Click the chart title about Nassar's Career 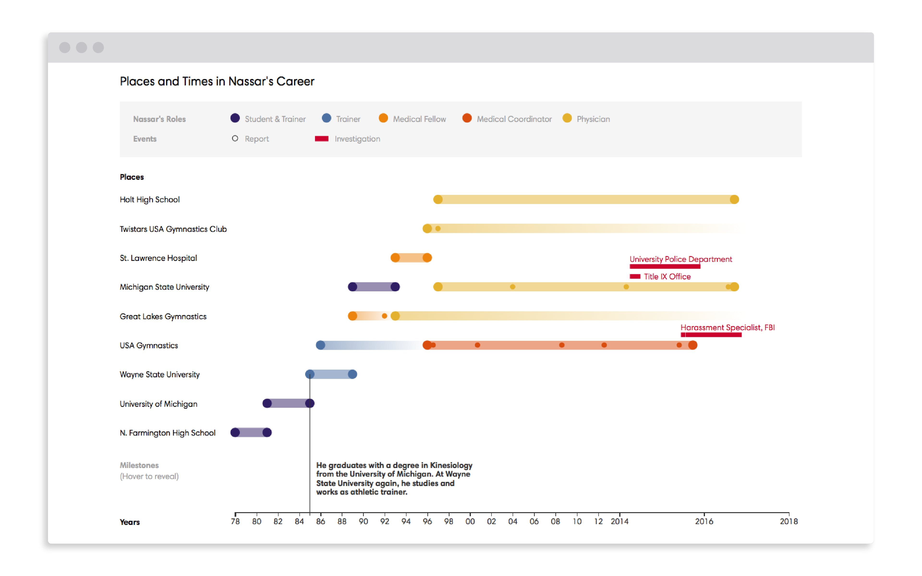coord(217,82)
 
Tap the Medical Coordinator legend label coord(514,119)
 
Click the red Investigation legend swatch coord(321,139)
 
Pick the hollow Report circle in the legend coord(235,139)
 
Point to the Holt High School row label coord(150,200)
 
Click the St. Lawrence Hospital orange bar coord(411,258)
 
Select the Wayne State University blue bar coord(331,374)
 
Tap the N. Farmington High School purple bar coord(251,433)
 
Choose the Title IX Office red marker coord(635,276)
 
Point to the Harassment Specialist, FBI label coord(727,328)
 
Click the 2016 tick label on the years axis coord(704,522)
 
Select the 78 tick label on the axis coord(235,522)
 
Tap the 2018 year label coord(788,522)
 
